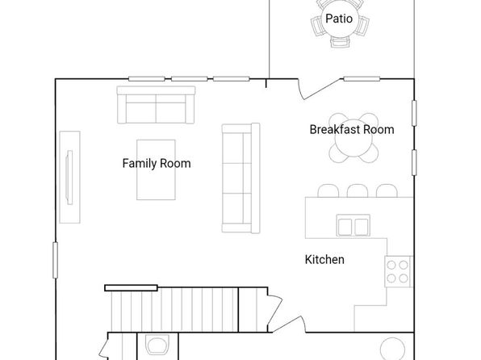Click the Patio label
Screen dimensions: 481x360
[339, 19]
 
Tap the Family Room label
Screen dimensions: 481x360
[157, 163]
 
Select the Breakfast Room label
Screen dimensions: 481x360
[352, 129]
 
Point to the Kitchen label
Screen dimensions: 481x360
[324, 260]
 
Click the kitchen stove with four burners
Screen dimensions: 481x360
[398, 271]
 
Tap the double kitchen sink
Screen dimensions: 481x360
[353, 225]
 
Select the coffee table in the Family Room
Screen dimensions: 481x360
[156, 170]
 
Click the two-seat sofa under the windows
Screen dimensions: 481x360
[156, 105]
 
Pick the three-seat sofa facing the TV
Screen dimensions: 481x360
[240, 178]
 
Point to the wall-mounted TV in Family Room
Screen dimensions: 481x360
[69, 178]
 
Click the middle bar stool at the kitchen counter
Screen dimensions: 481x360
[358, 190]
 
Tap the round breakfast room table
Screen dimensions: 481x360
[353, 138]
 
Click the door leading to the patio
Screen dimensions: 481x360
[319, 89]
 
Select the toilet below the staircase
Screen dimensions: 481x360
[157, 345]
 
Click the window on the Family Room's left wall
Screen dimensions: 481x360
[55, 260]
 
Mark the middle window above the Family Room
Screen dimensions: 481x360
[190, 79]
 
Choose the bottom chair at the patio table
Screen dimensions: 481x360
[340, 41]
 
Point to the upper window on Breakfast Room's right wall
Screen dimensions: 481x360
[414, 113]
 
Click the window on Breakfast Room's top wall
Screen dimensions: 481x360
[362, 79]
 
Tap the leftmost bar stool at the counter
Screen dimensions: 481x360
[328, 190]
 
